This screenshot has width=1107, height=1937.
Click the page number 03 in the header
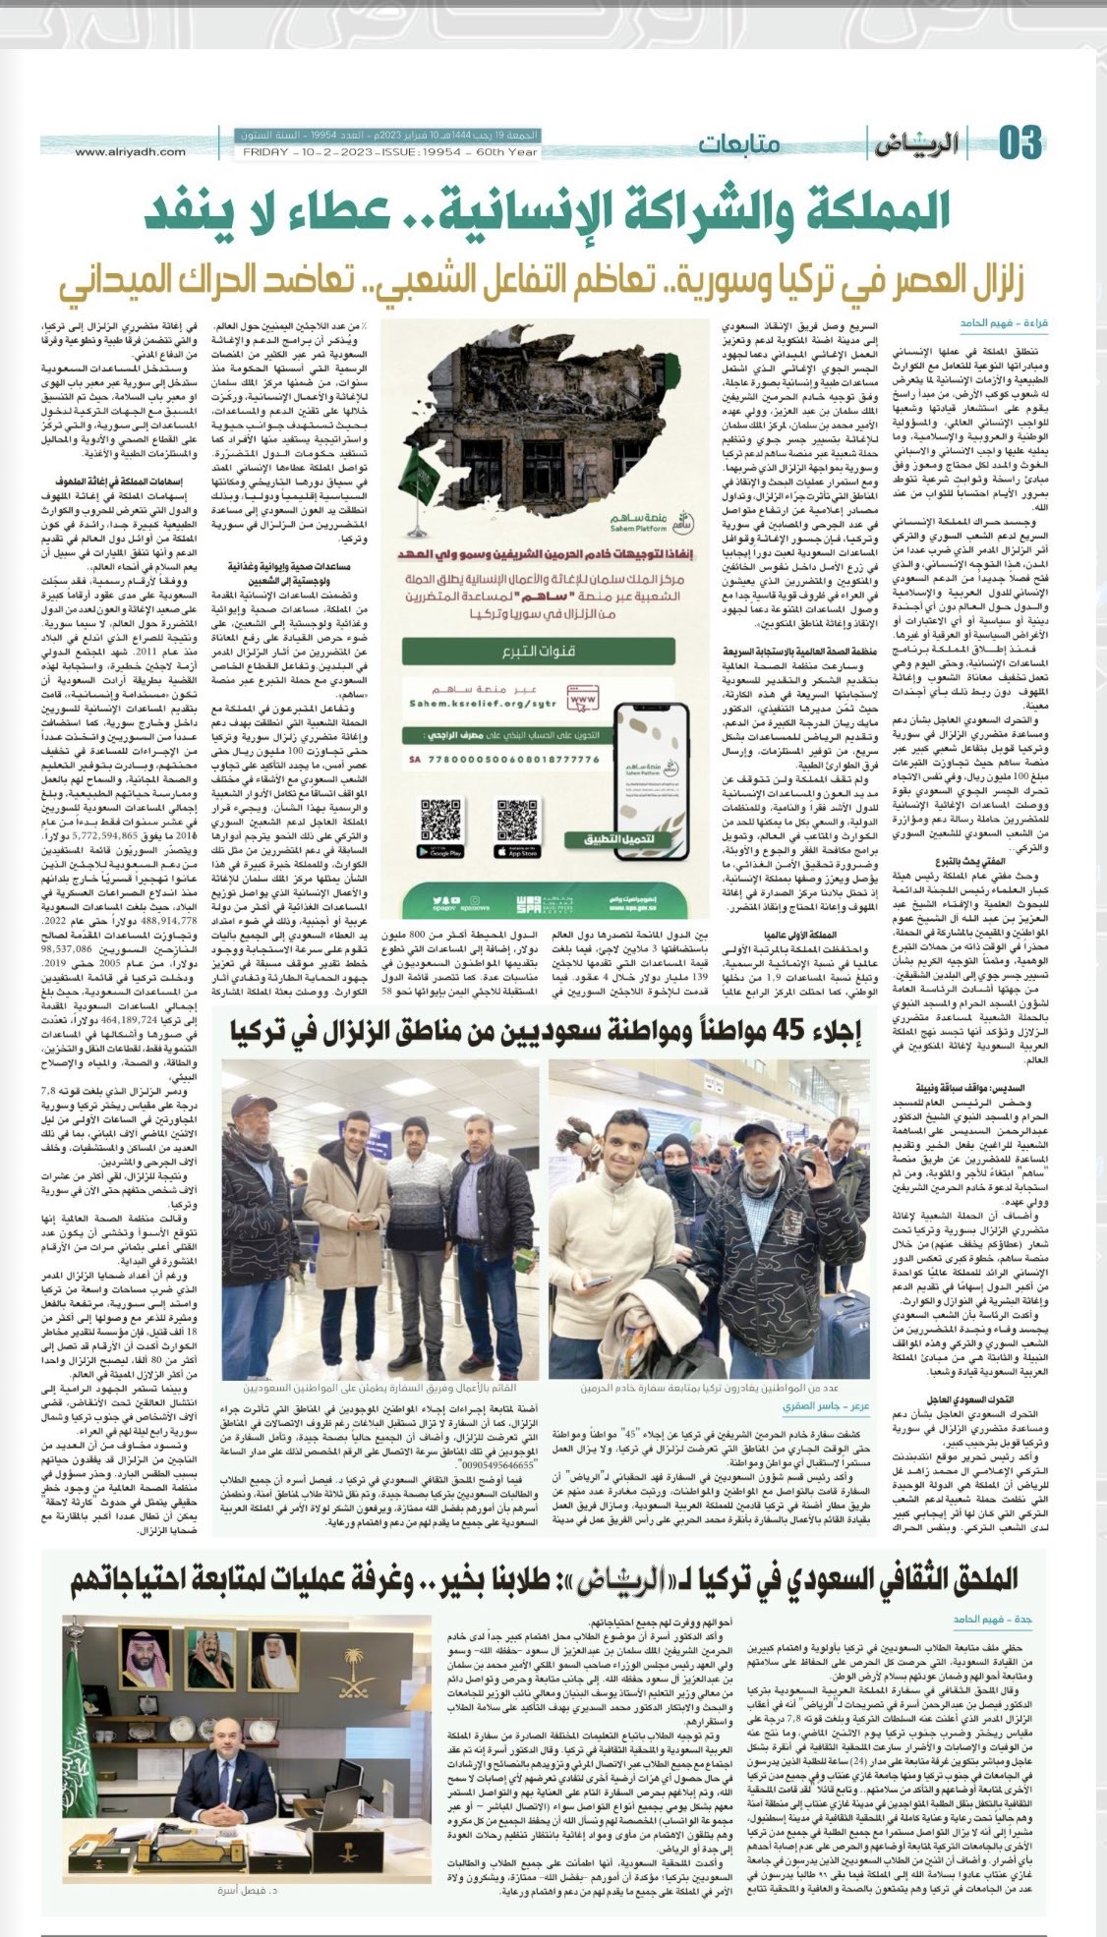(1020, 143)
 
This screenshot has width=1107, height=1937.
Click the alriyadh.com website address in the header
(130, 151)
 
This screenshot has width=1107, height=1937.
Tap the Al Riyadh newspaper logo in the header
(913, 144)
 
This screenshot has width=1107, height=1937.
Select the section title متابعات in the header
(739, 143)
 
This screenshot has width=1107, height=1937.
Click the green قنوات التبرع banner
(538, 651)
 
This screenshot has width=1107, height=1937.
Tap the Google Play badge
(440, 852)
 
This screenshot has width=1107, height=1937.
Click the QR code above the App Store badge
(517, 821)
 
